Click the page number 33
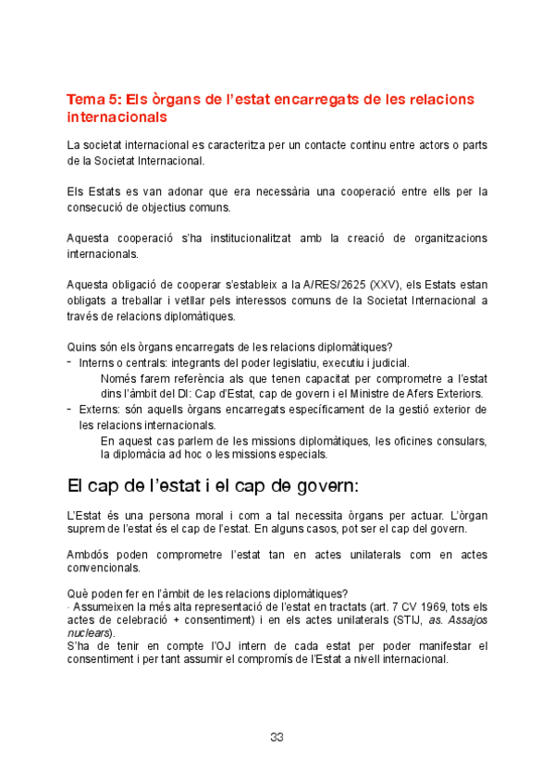point(277,737)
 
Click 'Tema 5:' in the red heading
point(93,100)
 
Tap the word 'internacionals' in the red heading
point(117,118)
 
